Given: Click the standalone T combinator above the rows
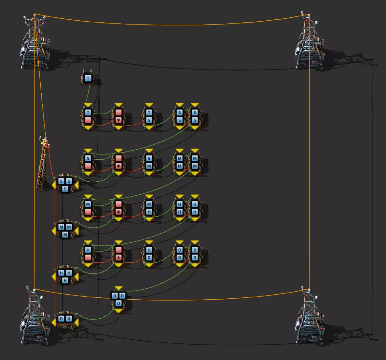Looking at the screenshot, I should point(88,79).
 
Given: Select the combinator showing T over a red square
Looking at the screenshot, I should point(88,116).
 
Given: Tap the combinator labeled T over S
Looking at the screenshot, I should point(149,116).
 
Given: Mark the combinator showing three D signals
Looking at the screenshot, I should point(118,299).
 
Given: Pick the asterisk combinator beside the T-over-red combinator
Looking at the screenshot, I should point(118,116).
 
